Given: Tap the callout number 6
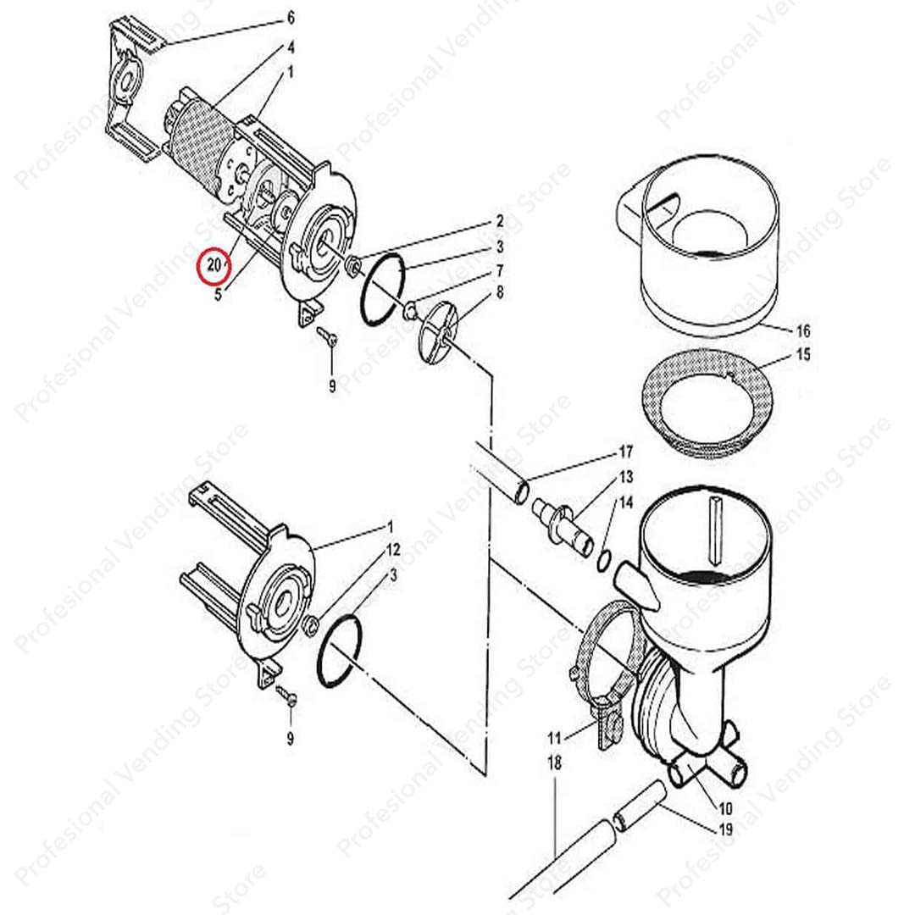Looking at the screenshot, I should coord(291,17).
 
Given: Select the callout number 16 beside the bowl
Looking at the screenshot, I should coord(803,330).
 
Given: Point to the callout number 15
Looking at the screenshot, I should coord(803,354).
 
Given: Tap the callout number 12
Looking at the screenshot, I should coord(392,550).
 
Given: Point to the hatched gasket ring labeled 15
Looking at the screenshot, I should coord(707,398).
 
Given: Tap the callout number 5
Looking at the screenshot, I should coord(218,296).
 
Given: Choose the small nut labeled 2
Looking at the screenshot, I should coord(353,268).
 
